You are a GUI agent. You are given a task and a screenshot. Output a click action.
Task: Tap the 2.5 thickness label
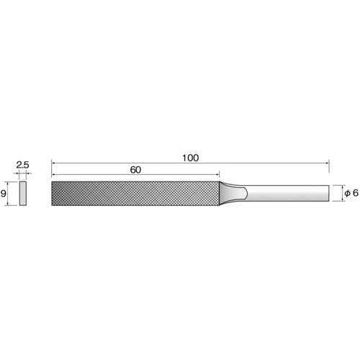22,165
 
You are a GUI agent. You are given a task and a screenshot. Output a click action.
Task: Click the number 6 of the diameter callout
355,193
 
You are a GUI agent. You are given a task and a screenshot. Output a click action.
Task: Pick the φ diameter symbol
346,193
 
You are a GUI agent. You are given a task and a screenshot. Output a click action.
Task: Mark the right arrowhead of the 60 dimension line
215,176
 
